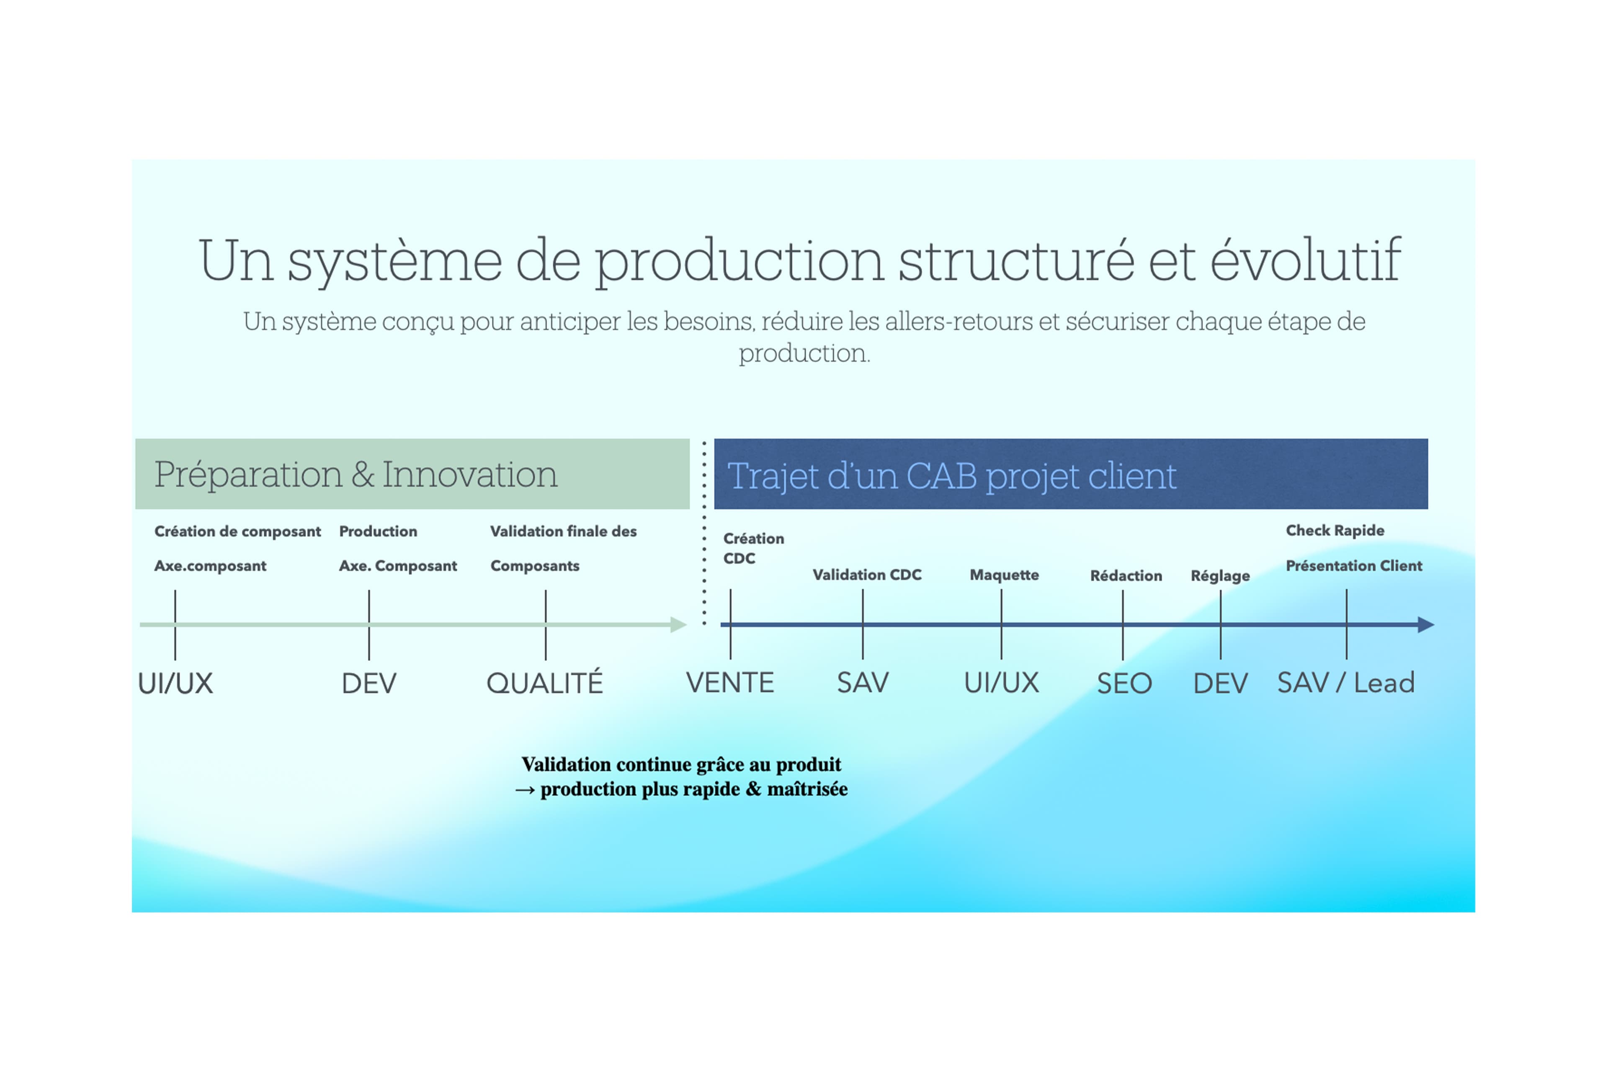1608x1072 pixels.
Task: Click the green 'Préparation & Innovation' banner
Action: tap(412, 474)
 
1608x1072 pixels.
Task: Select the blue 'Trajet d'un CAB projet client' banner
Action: tap(1071, 474)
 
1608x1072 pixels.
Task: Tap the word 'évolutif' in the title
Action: tap(1305, 260)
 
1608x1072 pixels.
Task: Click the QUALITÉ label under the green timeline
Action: tap(545, 683)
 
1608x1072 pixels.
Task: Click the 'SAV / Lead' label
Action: tap(1345, 683)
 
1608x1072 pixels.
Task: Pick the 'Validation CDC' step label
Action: tap(867, 575)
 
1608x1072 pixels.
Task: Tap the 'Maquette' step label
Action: tap(1004, 575)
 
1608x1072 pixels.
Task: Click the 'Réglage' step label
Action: tap(1220, 576)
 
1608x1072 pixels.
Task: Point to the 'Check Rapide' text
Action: tap(1335, 531)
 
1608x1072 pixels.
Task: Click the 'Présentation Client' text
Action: tap(1354, 566)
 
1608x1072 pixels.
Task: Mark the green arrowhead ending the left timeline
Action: tap(678, 625)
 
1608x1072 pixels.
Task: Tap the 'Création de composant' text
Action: tap(237, 531)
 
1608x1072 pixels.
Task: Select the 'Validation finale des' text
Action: tap(563, 531)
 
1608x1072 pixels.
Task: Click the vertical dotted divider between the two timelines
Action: tap(704, 533)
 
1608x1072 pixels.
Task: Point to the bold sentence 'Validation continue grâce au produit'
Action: tap(681, 764)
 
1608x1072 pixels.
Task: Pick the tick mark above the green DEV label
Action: tap(369, 625)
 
